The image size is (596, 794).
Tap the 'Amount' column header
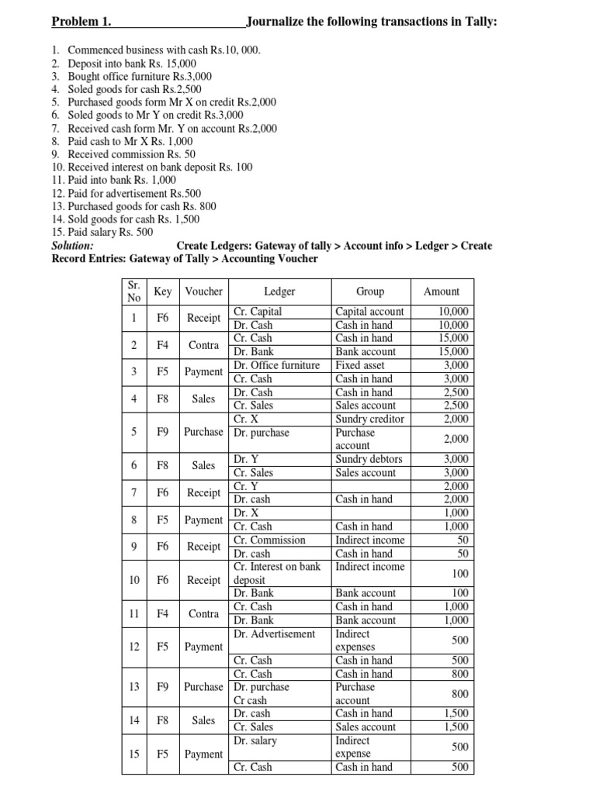click(x=442, y=292)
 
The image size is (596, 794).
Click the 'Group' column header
click(x=370, y=292)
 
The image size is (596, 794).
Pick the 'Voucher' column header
click(x=203, y=292)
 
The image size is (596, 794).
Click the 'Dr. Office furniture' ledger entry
click(x=276, y=365)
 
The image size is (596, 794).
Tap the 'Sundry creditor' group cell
click(x=369, y=419)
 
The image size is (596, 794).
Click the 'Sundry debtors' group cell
click(x=369, y=459)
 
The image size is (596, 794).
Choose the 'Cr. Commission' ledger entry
click(x=269, y=540)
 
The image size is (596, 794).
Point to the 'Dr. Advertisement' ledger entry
click(x=274, y=633)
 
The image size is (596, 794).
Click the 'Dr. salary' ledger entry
click(x=255, y=740)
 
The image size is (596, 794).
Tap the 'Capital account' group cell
click(x=369, y=312)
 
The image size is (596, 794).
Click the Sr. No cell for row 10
click(x=134, y=580)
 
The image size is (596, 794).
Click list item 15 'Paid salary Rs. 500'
click(x=110, y=233)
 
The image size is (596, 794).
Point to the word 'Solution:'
click(x=72, y=246)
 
